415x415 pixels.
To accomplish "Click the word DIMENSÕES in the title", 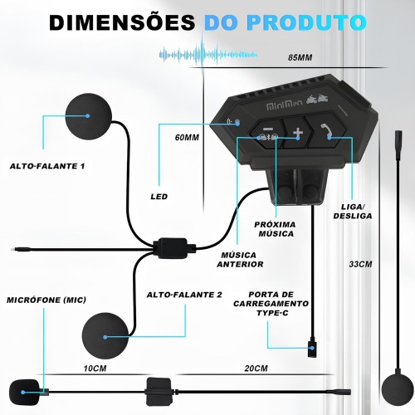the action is [x=122, y=22].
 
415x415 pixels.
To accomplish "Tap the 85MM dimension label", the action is [x=300, y=57].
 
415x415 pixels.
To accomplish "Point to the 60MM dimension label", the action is [x=187, y=138].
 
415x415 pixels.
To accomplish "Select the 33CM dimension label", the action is [x=360, y=264].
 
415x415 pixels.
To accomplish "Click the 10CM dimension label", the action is [x=95, y=369].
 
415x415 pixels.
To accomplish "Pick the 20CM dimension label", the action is [x=256, y=369].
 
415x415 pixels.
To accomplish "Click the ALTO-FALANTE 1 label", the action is [x=47, y=166].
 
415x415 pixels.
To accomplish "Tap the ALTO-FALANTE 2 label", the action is [x=184, y=295].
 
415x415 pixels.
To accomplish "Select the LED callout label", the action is [x=159, y=197].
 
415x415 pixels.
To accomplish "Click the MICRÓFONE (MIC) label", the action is [x=46, y=300].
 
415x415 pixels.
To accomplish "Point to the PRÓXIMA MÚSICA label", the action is [x=275, y=229].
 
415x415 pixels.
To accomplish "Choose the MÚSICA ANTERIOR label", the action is [x=240, y=260].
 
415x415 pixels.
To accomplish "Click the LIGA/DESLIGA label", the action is [x=353, y=212].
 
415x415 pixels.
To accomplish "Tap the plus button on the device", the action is [x=297, y=133].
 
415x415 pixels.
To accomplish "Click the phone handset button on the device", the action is [x=326, y=131].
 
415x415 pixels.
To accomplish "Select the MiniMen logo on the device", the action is [x=284, y=106].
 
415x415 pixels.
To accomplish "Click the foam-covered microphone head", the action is [x=24, y=392].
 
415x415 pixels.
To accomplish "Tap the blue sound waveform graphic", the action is [x=208, y=54].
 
